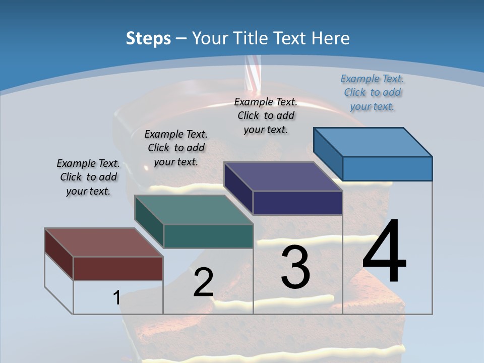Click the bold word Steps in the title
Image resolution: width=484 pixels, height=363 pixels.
[x=148, y=38]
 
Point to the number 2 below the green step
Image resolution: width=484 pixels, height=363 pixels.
[x=203, y=282]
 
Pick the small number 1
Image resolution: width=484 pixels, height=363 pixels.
[x=116, y=298]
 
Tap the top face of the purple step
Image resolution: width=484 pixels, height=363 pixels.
[x=282, y=176]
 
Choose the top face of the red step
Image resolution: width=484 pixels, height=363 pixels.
[x=103, y=243]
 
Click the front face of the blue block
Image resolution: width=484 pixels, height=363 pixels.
[x=387, y=168]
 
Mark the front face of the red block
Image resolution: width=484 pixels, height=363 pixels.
[x=118, y=268]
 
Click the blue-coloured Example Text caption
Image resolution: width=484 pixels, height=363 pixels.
[x=372, y=93]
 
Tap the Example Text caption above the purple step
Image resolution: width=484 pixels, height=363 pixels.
[x=266, y=116]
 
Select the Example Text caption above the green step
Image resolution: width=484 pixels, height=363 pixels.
[x=176, y=148]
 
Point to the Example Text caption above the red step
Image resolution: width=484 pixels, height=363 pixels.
[x=88, y=177]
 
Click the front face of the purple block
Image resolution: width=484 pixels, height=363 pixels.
[x=297, y=203]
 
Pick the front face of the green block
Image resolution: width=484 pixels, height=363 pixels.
[x=208, y=236]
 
